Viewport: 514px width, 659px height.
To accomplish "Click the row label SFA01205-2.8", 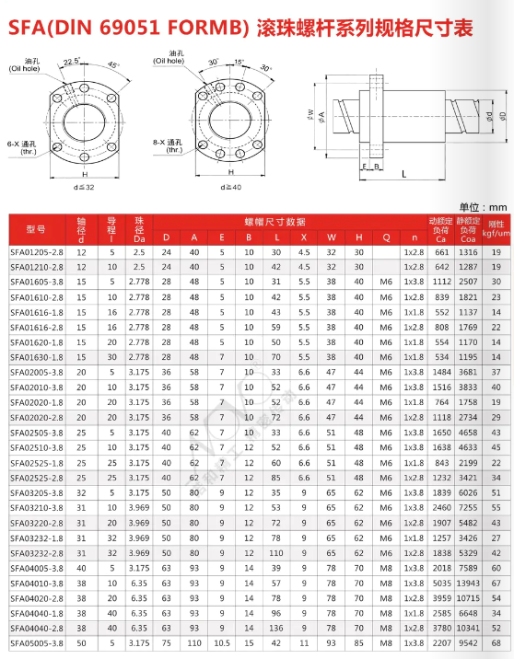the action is coord(37,252).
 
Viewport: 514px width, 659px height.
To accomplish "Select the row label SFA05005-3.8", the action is coord(37,643).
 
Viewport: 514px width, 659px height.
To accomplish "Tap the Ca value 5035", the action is coord(441,584).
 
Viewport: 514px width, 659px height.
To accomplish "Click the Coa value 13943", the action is coord(468,584).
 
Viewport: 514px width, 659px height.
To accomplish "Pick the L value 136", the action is coord(276,628).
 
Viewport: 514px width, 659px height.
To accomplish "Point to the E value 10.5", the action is coord(222,643).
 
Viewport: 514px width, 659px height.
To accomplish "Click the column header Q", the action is coord(386,237).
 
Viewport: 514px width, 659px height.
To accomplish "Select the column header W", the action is coord(331,237).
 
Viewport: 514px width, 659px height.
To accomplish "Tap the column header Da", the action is coord(139,238).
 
